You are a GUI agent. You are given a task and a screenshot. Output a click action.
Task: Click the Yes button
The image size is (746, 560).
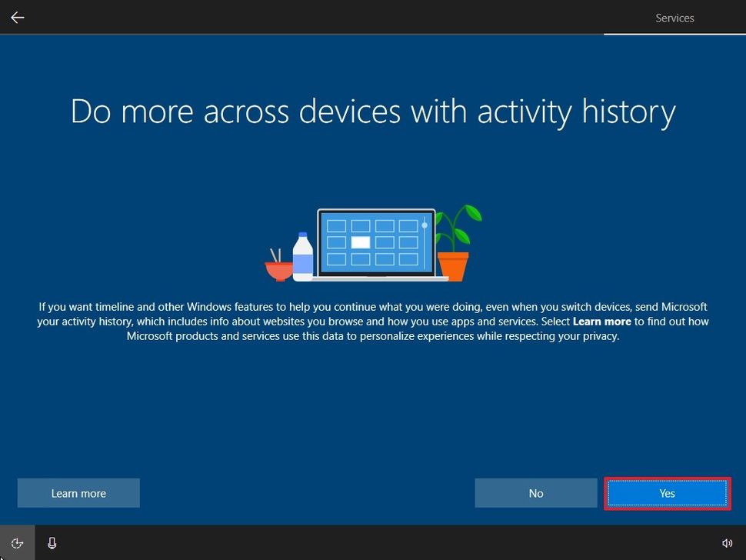pyautogui.click(x=667, y=493)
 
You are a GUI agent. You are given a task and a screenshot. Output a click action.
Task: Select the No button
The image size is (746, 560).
pyautogui.click(x=536, y=493)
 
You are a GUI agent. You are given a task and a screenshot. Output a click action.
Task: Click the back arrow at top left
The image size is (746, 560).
pyautogui.click(x=17, y=17)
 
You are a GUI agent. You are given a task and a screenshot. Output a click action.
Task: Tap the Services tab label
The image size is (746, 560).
pyautogui.click(x=674, y=18)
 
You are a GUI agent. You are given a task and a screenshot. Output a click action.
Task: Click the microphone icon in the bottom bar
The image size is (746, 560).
pyautogui.click(x=52, y=543)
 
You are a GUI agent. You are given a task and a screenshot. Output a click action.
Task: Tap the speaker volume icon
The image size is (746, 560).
pyautogui.click(x=727, y=543)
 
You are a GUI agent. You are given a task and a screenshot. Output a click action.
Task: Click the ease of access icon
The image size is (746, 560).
pyautogui.click(x=17, y=543)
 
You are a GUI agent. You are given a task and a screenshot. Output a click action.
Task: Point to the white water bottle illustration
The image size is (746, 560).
pyautogui.click(x=303, y=257)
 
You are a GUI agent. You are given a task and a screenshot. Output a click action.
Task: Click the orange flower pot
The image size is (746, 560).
pyautogui.click(x=452, y=265)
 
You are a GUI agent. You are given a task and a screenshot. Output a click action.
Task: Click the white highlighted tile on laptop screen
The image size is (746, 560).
pyautogui.click(x=361, y=242)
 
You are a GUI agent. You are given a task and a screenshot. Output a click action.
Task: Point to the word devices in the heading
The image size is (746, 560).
pyautogui.click(x=351, y=112)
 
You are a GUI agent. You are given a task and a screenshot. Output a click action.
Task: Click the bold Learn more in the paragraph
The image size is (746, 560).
pyautogui.click(x=601, y=322)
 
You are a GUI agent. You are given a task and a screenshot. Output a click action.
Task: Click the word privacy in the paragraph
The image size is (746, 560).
pyautogui.click(x=600, y=336)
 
